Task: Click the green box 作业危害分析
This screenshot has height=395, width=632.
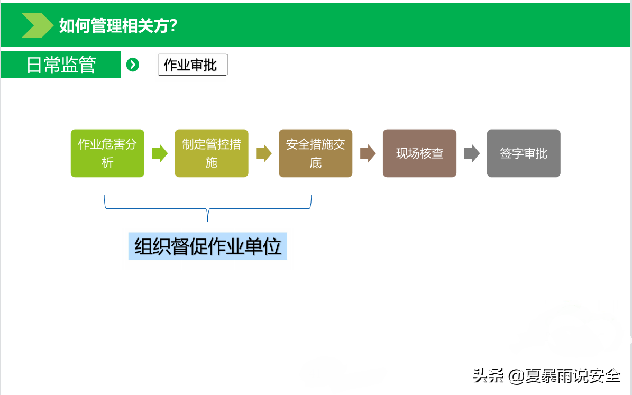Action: (x=107, y=153)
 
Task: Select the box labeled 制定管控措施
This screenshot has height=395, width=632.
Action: (x=211, y=153)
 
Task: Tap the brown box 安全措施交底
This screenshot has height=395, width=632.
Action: (x=316, y=153)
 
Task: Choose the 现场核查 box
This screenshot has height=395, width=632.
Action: (x=419, y=153)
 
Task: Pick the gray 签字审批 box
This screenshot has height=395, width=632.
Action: (x=524, y=153)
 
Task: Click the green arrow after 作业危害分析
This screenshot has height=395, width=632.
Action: (x=160, y=153)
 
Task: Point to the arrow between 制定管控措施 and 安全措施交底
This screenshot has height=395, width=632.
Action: (x=263, y=153)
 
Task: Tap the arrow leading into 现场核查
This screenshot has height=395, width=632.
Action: (x=368, y=153)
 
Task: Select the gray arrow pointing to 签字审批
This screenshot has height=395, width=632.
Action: (x=472, y=153)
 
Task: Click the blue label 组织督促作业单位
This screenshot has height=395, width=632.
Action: (x=207, y=246)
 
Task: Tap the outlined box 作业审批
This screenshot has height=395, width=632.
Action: (x=193, y=65)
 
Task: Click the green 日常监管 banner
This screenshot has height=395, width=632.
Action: (x=61, y=64)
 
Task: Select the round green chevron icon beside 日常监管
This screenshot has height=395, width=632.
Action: (x=133, y=65)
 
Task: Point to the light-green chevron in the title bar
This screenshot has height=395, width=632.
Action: (x=37, y=25)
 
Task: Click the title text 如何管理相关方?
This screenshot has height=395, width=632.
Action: (x=118, y=25)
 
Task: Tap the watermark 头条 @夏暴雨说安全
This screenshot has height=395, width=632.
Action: (x=546, y=375)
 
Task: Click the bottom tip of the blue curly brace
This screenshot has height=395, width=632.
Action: (x=207, y=221)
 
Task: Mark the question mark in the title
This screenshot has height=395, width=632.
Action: (x=173, y=25)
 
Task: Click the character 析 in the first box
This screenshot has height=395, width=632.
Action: (x=107, y=162)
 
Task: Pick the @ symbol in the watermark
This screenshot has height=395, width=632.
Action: (x=516, y=376)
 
